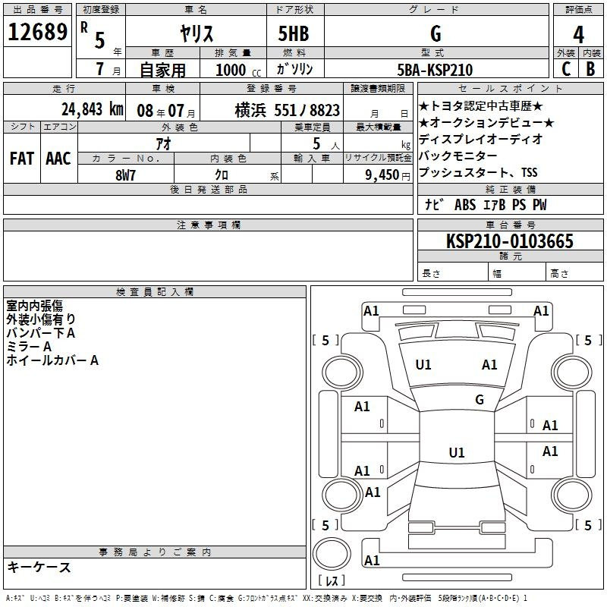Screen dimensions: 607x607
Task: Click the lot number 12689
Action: pyautogui.click(x=37, y=32)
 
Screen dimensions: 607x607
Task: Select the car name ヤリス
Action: pyautogui.click(x=197, y=33)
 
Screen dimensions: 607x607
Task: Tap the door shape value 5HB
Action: pyautogui.click(x=294, y=33)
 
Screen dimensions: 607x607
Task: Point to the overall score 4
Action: pyautogui.click(x=578, y=35)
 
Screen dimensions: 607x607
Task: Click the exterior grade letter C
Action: pyautogui.click(x=566, y=69)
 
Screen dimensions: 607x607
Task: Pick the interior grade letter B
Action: pyautogui.click(x=590, y=69)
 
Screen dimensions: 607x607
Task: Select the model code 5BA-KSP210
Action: pyautogui.click(x=435, y=70)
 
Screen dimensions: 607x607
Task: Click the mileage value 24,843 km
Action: pyautogui.click(x=93, y=109)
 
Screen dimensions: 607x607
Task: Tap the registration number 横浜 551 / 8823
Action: pyautogui.click(x=288, y=110)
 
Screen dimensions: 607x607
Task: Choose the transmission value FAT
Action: pyautogui.click(x=22, y=159)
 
